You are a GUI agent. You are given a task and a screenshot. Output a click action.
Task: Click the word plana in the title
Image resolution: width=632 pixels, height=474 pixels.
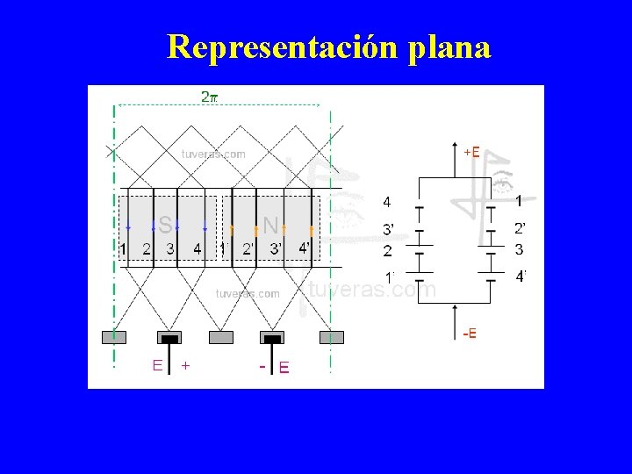pos(449,47)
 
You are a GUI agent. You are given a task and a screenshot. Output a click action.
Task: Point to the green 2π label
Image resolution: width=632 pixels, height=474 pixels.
pos(210,97)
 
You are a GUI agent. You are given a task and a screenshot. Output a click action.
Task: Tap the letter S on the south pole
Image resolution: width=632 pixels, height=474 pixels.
pos(166,226)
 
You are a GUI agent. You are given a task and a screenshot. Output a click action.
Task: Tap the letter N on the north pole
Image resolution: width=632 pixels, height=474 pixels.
pos(271,226)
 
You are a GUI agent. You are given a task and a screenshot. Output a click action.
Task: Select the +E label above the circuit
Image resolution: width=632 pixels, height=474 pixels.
pos(471,152)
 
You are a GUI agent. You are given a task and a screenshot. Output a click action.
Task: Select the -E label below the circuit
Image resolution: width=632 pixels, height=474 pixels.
pos(470,333)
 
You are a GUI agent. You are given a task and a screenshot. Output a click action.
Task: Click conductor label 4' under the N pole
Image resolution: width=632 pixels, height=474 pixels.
pos(304,248)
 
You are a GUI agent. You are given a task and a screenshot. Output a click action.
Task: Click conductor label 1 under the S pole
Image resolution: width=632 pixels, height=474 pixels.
pos(123,249)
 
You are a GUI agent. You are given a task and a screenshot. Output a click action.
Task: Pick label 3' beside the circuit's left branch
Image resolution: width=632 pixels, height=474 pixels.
pos(387,229)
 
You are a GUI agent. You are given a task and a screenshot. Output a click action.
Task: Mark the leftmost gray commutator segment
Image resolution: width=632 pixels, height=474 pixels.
pos(114,337)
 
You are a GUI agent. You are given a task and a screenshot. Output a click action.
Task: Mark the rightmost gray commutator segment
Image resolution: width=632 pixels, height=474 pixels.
pos(332,337)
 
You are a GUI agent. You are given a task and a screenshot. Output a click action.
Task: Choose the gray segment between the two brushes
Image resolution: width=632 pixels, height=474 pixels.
pos(222,337)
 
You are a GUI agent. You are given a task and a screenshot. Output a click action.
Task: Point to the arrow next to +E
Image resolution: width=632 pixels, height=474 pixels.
pos(454,149)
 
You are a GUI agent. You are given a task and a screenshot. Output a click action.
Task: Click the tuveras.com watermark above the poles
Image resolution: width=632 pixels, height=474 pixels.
pos(213,154)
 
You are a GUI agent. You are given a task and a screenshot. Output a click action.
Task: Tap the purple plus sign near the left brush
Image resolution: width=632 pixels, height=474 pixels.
pos(185,365)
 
